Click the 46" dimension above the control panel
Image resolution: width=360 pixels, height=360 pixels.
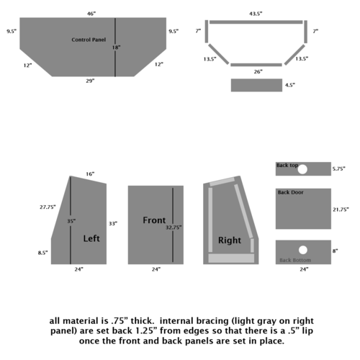tap(91, 14)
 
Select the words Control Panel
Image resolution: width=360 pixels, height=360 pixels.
tap(89, 40)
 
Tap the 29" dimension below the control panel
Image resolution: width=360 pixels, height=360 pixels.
tap(90, 81)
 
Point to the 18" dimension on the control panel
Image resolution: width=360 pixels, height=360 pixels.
tap(116, 48)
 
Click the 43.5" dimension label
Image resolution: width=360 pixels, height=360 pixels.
tap(256, 14)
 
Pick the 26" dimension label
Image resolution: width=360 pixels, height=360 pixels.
tap(258, 71)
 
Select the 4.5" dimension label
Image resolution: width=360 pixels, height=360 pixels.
tap(290, 85)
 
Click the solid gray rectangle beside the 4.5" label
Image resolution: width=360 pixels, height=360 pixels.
tap(256, 85)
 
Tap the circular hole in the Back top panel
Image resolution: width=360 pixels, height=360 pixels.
tap(302, 169)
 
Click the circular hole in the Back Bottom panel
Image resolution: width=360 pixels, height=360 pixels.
tap(303, 250)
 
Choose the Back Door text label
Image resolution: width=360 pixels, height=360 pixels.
tap(291, 192)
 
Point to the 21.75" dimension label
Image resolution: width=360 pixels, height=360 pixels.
tap(341, 210)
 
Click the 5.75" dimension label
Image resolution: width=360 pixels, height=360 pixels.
tap(338, 168)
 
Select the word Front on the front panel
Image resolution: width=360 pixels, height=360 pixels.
tap(154, 220)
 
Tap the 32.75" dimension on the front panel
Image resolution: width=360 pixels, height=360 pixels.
tap(174, 228)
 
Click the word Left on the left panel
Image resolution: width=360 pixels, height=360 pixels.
tap(91, 238)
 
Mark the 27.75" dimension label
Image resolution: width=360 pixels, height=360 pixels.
tap(48, 207)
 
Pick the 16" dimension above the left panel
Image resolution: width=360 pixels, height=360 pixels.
tap(90, 174)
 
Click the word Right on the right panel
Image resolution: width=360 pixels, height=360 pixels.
tap(230, 240)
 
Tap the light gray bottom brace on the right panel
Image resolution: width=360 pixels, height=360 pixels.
tap(231, 258)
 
